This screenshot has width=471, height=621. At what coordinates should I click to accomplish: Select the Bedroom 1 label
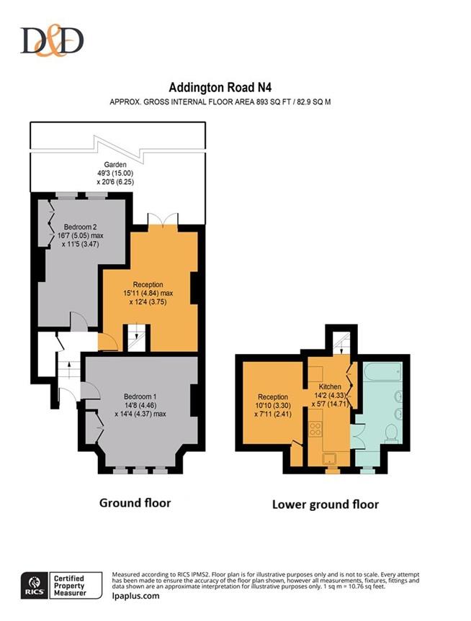point(140,396)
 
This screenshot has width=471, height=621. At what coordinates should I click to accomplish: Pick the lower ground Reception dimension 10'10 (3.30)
point(274,407)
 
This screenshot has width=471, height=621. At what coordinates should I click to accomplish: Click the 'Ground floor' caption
point(135,503)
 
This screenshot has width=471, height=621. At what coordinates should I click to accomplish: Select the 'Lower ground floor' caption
point(325,504)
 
